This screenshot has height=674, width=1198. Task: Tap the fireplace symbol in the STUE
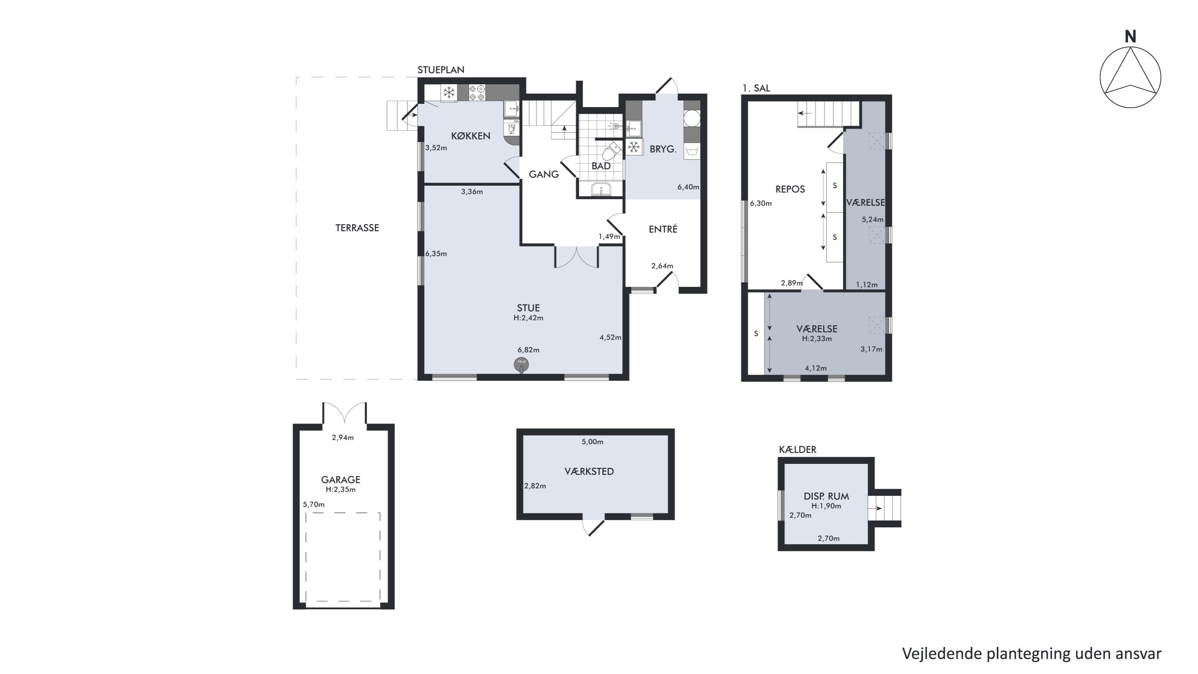[522, 365]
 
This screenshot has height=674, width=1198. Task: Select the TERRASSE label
[357, 228]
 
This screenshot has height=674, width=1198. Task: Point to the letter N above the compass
[1130, 36]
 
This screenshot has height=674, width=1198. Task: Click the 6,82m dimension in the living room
[528, 350]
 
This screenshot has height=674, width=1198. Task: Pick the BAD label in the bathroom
[601, 166]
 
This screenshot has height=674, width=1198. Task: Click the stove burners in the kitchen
[477, 93]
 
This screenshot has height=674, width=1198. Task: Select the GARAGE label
[340, 479]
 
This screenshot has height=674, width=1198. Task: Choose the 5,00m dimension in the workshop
[593, 442]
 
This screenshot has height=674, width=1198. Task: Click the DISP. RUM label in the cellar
[826, 496]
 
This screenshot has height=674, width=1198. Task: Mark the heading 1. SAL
[756, 88]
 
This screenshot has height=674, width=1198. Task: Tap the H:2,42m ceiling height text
[528, 318]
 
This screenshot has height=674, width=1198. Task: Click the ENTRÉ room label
[663, 229]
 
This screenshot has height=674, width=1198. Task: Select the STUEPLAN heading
[440, 70]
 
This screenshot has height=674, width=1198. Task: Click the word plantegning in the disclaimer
[1031, 653]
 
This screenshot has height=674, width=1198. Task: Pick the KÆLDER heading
[797, 449]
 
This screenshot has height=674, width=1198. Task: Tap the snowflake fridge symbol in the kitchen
[448, 93]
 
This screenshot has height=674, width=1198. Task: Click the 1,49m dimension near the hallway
[609, 237]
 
